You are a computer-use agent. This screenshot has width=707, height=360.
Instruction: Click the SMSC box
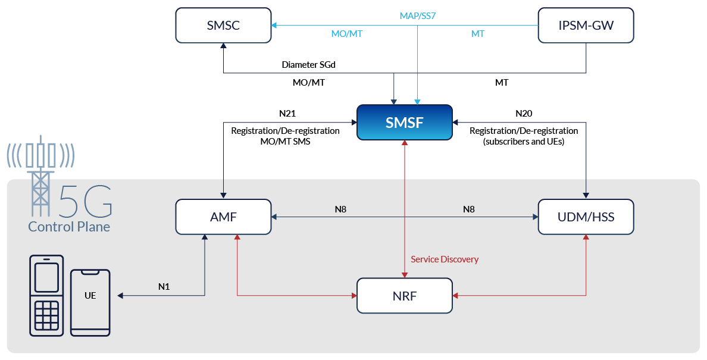point(223,26)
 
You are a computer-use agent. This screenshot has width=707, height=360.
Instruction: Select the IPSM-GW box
point(586,26)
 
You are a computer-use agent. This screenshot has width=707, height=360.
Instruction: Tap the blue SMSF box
point(405,123)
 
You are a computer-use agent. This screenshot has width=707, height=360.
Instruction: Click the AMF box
point(223,217)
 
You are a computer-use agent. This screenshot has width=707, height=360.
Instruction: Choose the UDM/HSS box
point(586,217)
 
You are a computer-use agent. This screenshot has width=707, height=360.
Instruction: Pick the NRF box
point(405,295)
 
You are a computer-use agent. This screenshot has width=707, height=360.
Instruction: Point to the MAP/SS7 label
point(417,16)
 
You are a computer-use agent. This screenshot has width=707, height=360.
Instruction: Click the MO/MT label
point(346,34)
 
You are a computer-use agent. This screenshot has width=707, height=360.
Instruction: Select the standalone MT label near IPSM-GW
point(477,34)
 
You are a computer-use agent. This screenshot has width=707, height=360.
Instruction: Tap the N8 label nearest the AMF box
point(340,209)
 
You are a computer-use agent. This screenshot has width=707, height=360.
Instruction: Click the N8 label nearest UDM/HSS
point(469,209)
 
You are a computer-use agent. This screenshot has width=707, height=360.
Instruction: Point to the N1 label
point(164,287)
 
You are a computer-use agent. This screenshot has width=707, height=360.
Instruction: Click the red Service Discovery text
point(445,259)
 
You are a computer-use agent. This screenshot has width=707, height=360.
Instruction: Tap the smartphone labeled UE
point(90,302)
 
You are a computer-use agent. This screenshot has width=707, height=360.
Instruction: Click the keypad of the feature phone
point(46,315)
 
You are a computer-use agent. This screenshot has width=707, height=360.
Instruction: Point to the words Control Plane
point(69,227)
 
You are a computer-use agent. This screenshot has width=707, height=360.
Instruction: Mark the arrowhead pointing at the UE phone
point(121,295)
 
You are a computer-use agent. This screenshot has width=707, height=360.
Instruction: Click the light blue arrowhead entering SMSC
point(274,26)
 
